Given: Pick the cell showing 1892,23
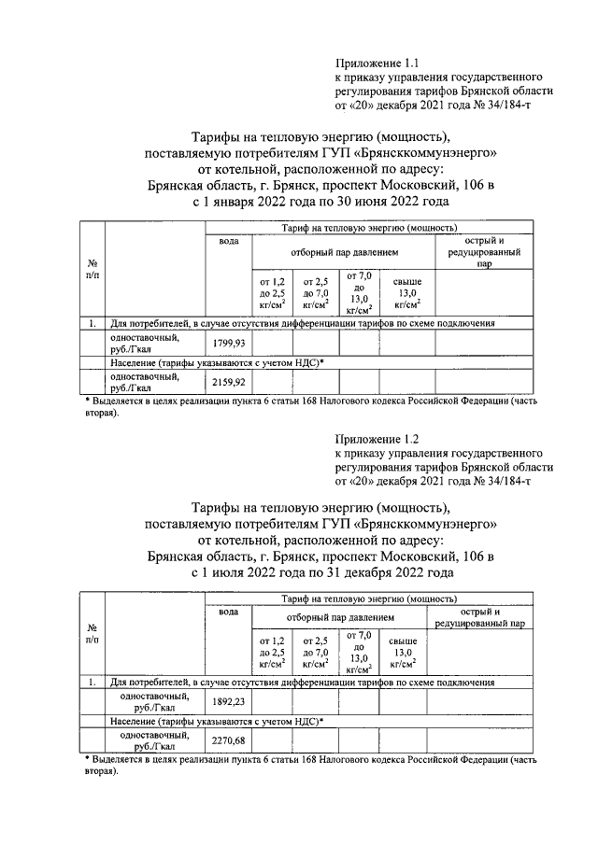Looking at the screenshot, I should coord(228,702).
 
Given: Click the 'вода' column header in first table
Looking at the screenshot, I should coord(228,241).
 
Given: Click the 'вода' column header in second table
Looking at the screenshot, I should coord(228,612).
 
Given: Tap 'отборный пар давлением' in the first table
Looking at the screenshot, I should coord(343,252).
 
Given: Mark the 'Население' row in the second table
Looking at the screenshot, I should coord(216,721).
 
